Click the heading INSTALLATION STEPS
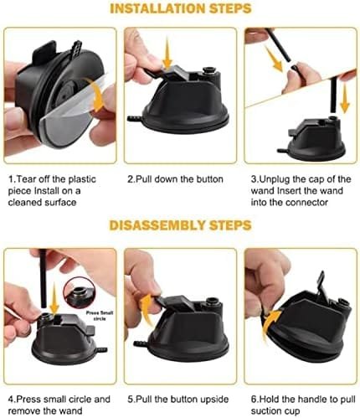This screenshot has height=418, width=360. pos(181,8)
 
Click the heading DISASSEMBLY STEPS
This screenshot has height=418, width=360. pos(181,225)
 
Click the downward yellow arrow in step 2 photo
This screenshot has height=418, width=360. pos(167,53)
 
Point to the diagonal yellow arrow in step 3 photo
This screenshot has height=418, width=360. pos(274,59)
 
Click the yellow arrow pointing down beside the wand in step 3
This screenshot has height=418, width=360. pos(345,98)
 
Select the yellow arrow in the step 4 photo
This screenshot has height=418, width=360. pos(54,302)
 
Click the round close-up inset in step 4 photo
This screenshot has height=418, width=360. pos(80,292)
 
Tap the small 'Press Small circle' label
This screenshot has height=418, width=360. pos(100,316)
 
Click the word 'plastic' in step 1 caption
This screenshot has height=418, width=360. pos(82,179)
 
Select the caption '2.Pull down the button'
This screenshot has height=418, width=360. pos(175,179)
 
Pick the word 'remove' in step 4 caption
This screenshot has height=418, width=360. pos(24,411)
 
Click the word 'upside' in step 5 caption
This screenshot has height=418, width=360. pos(213,400)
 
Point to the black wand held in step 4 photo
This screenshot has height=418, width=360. pos(43,279)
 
